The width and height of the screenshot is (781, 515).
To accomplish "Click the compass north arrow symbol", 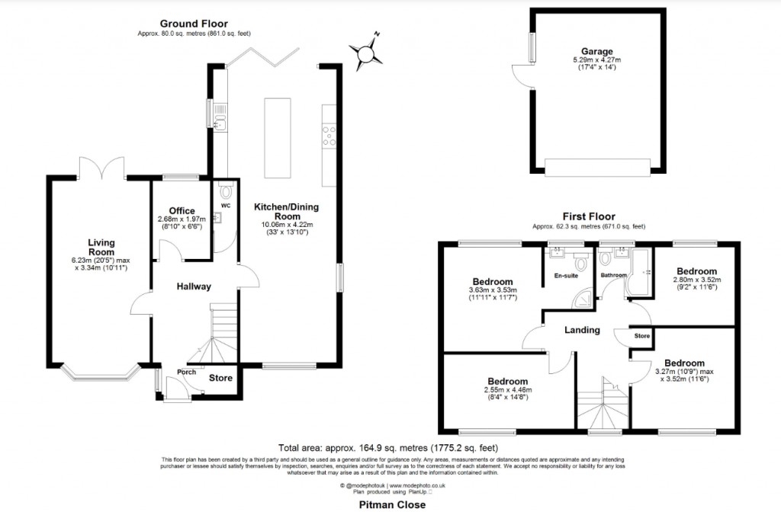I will [366, 52].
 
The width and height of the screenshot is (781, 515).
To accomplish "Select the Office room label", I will [182, 211].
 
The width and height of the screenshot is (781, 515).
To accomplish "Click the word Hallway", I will [194, 286].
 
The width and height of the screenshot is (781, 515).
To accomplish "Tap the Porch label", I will [186, 373].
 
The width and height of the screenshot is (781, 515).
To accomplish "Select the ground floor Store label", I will [220, 378].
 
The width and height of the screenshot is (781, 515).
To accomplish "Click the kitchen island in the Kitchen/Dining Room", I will [273, 137].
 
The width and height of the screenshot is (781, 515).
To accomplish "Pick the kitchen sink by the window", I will [220, 119].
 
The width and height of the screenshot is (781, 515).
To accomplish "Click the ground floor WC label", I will [226, 206].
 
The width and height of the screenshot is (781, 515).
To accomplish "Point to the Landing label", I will [582, 331].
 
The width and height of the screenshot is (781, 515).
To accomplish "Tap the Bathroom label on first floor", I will [613, 275].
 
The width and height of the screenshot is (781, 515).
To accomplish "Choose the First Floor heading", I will [588, 216].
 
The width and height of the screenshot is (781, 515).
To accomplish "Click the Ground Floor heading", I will [194, 24].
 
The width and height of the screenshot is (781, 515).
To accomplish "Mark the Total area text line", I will [391, 447].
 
